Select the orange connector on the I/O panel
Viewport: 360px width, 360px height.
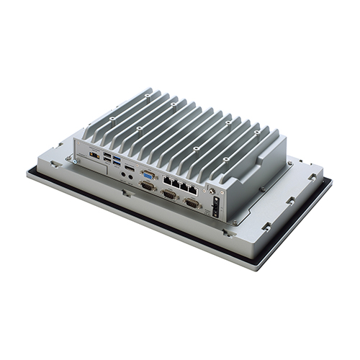pyautogui.click(x=94, y=154)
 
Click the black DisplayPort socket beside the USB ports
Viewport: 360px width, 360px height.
pyautogui.click(x=129, y=168)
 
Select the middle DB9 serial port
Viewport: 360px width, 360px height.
pyautogui.click(x=170, y=194)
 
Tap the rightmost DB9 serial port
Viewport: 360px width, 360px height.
pyautogui.click(x=192, y=202)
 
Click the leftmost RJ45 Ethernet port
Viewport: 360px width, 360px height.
pyautogui.click(x=166, y=179)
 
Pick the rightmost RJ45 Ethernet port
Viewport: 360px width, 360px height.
pyautogui.click(x=193, y=188)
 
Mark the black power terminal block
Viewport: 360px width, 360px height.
pyautogui.click(x=214, y=205)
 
